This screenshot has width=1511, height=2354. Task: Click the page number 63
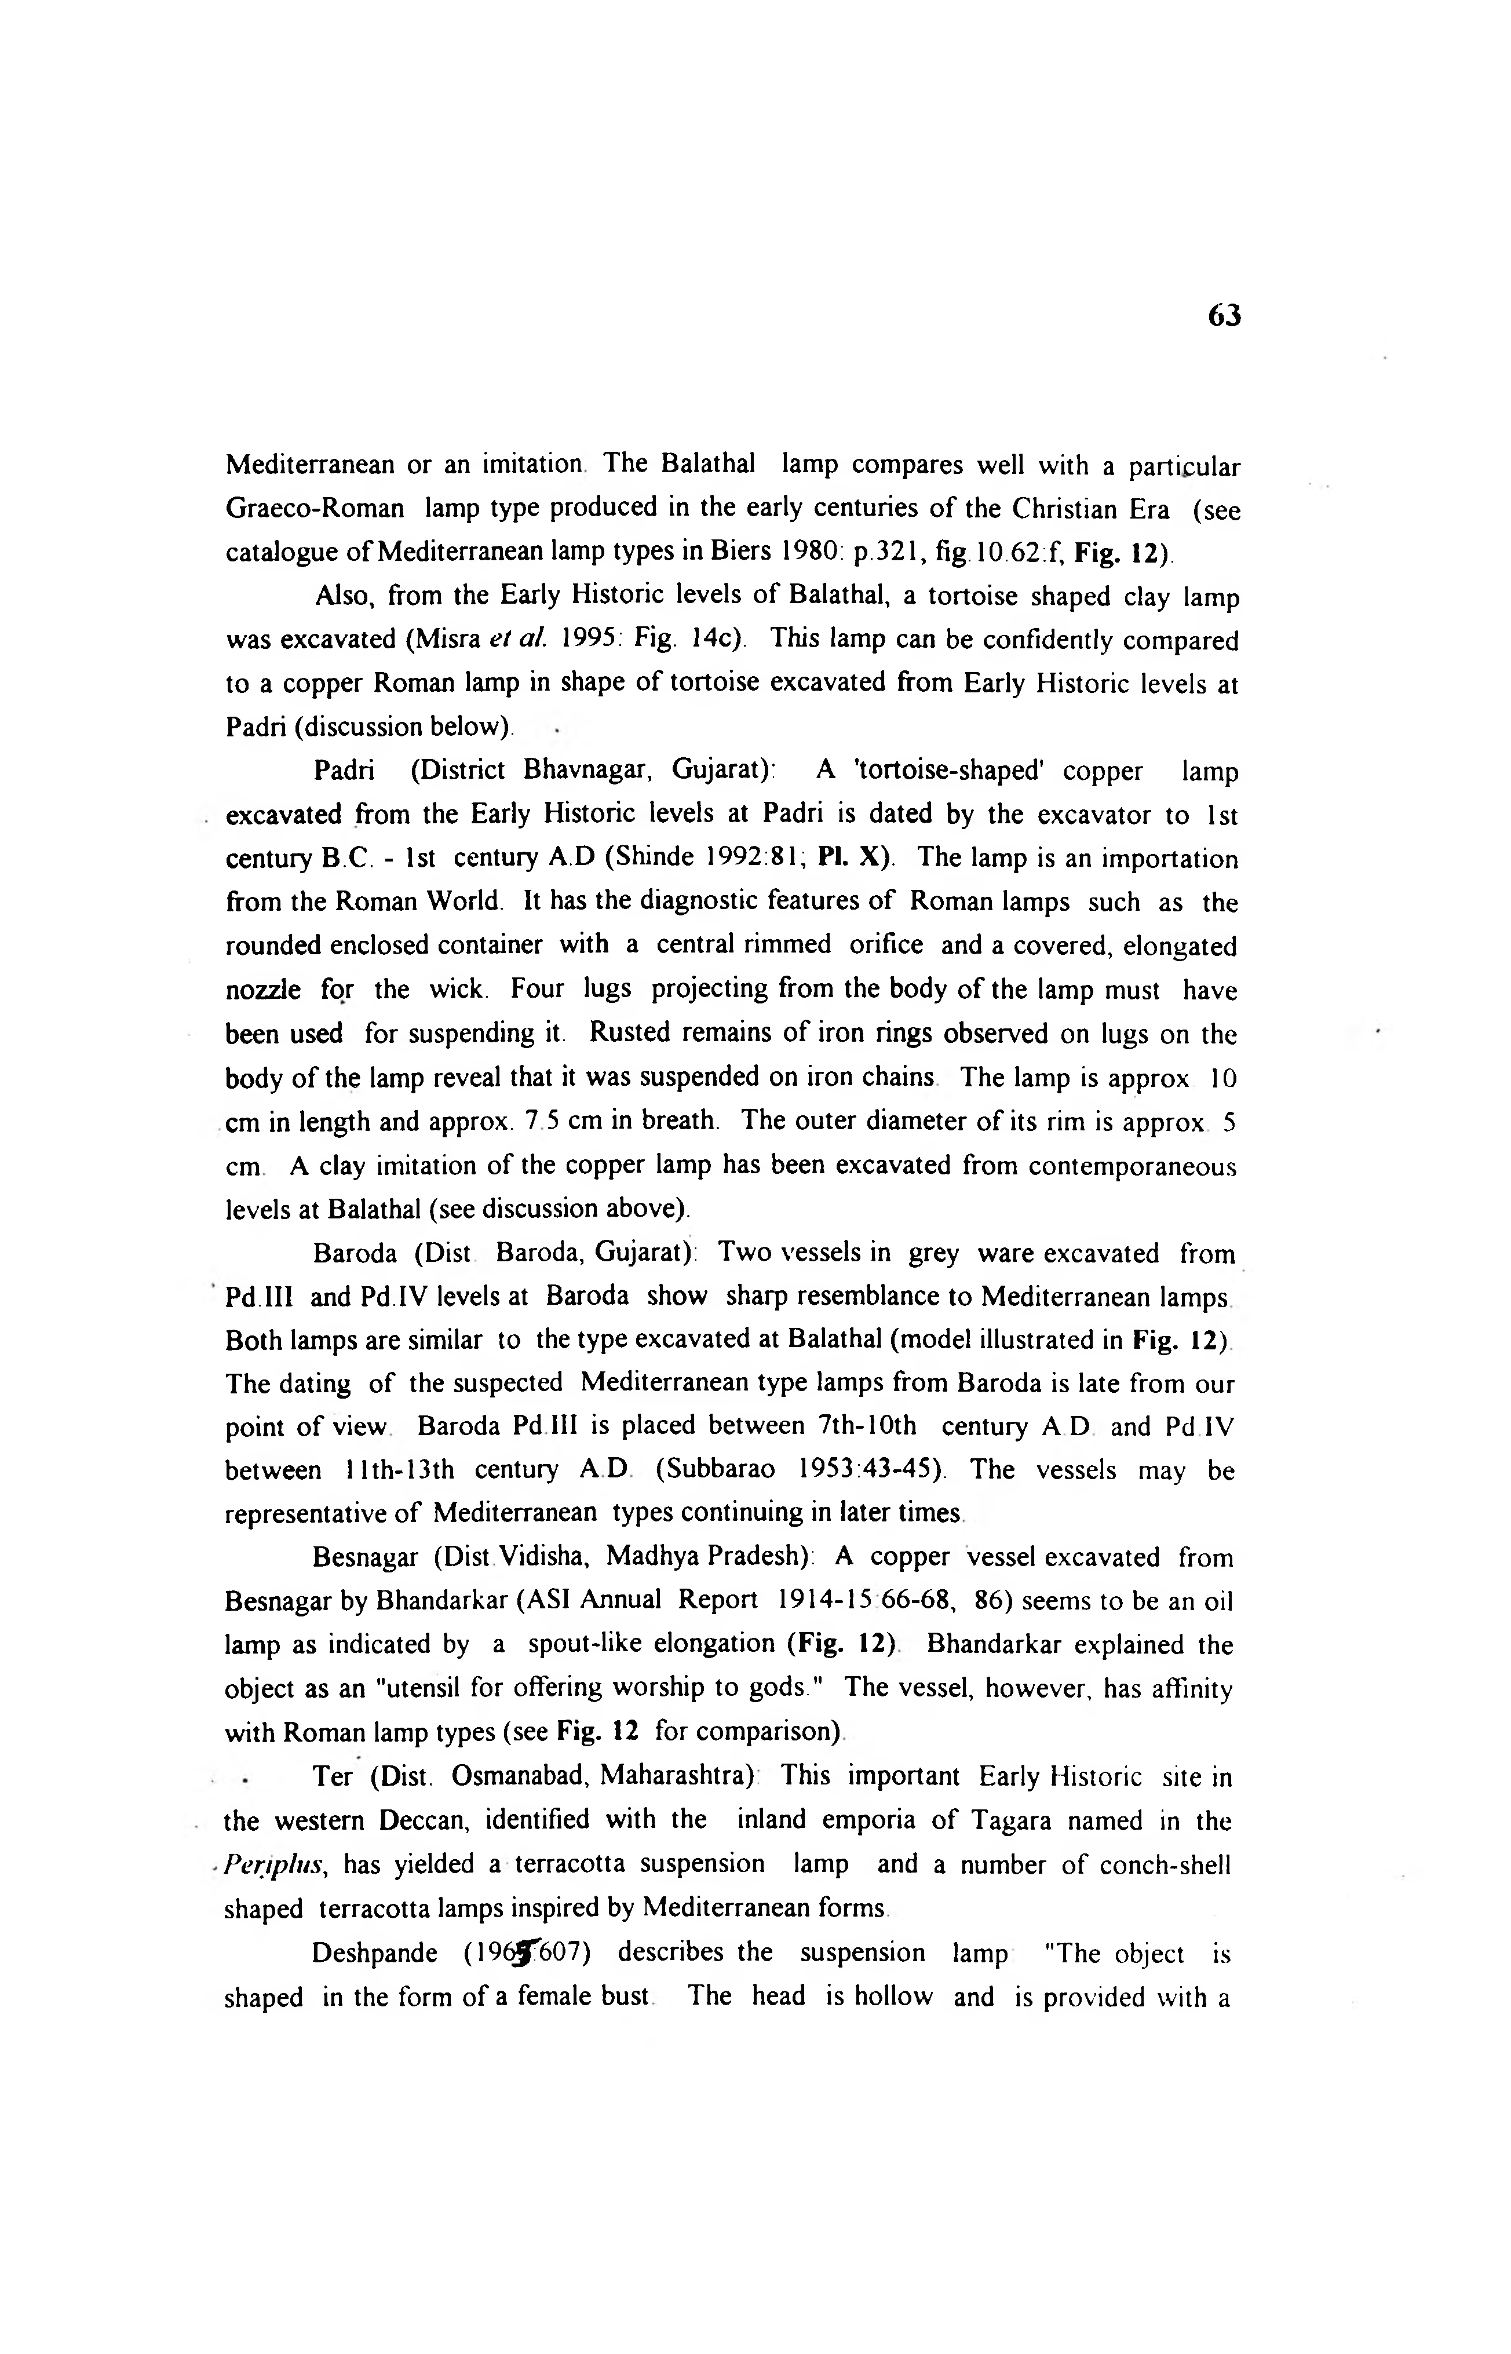(x=1224, y=316)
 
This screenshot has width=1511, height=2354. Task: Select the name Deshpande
(x=375, y=1954)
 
